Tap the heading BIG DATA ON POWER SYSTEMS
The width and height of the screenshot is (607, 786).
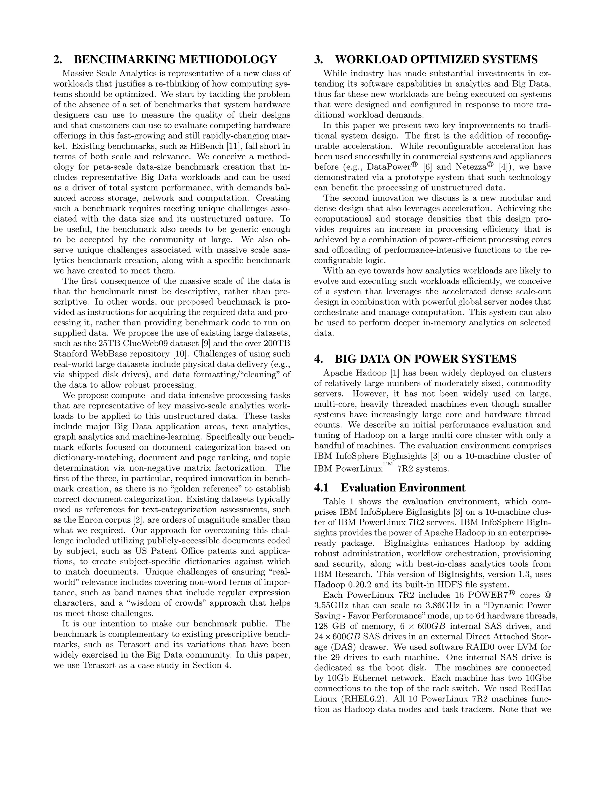click(x=426, y=359)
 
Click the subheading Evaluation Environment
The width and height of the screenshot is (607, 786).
click(x=403, y=488)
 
